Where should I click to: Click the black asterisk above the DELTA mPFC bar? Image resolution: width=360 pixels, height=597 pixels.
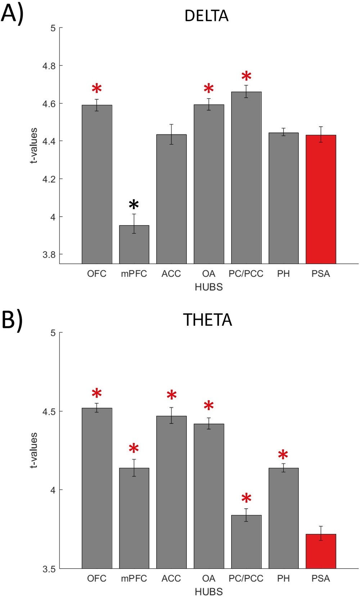(x=134, y=205)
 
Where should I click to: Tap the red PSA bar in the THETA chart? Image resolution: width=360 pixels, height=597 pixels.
(x=321, y=551)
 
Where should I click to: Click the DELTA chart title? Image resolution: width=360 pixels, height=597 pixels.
(x=206, y=16)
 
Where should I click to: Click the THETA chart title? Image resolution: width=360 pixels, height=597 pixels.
(x=207, y=320)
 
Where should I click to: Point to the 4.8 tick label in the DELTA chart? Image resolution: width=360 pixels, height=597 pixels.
(x=49, y=66)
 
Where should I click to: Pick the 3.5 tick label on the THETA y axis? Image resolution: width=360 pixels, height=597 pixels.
(x=49, y=569)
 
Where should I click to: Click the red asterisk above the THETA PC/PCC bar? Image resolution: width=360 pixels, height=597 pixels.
(x=246, y=499)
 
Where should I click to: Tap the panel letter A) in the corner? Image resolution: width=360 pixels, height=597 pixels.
(x=12, y=14)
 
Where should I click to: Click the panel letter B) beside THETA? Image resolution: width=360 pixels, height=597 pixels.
(x=12, y=320)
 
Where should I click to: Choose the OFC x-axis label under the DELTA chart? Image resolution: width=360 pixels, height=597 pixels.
(x=96, y=274)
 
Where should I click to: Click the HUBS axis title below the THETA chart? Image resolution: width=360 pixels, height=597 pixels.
(x=208, y=592)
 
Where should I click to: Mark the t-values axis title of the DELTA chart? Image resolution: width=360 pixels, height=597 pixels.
(x=33, y=145)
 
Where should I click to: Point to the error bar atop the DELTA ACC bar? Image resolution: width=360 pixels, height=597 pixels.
(x=171, y=134)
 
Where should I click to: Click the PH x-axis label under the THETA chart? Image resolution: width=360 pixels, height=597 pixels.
(x=283, y=578)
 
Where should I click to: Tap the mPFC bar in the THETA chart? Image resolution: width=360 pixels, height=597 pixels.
(x=134, y=518)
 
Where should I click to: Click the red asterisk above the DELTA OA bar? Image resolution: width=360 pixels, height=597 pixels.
(x=209, y=89)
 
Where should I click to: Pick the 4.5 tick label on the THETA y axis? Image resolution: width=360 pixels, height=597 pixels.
(x=49, y=411)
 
